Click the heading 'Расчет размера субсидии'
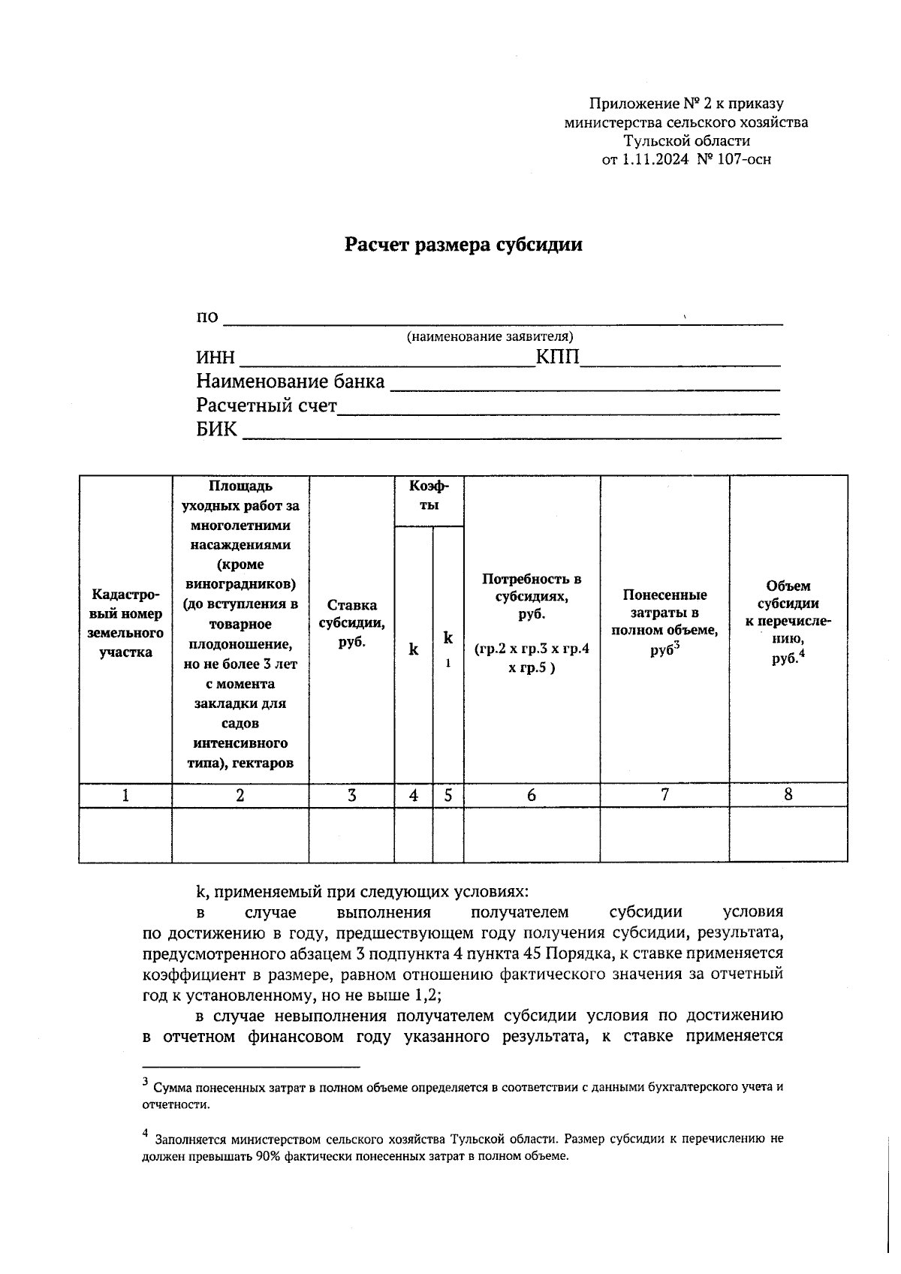463,245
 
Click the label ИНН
215,358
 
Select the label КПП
557,357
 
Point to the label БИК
216,430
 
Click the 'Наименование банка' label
290,382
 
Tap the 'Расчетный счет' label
267,406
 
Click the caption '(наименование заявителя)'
490,337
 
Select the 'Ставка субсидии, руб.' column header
351,624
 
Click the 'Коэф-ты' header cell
429,496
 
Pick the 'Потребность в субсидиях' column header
532,623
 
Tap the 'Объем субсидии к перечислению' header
788,622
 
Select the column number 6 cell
532,795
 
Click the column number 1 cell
125,795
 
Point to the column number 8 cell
788,794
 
